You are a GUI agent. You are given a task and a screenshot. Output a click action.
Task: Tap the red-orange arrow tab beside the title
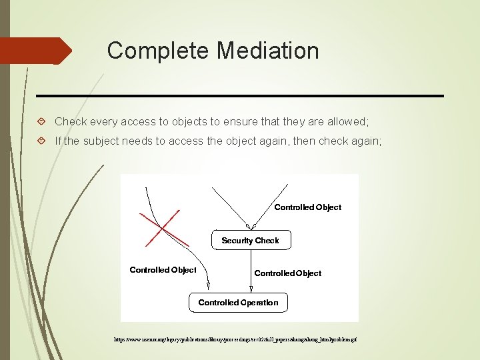37,51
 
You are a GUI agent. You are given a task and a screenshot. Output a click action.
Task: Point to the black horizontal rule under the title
240,96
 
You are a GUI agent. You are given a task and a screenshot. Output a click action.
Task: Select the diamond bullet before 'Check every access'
42,121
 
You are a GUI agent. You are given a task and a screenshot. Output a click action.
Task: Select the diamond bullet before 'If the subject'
42,141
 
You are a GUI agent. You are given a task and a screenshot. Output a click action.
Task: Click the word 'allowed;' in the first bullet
348,121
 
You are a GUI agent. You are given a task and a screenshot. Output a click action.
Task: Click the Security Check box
251,240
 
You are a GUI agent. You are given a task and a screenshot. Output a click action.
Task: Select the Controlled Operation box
238,302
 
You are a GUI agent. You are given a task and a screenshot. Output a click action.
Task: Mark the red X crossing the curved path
159,228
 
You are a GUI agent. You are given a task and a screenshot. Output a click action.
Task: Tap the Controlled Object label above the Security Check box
307,207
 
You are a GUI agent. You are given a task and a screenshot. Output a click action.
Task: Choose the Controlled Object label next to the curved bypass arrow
163,270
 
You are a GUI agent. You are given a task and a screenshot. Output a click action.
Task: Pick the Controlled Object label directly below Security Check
287,273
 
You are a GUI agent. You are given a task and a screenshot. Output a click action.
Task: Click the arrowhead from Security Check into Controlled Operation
251,289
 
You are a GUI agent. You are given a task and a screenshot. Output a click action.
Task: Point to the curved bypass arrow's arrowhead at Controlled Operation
208,287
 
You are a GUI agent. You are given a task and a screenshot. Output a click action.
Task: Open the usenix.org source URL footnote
236,339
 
